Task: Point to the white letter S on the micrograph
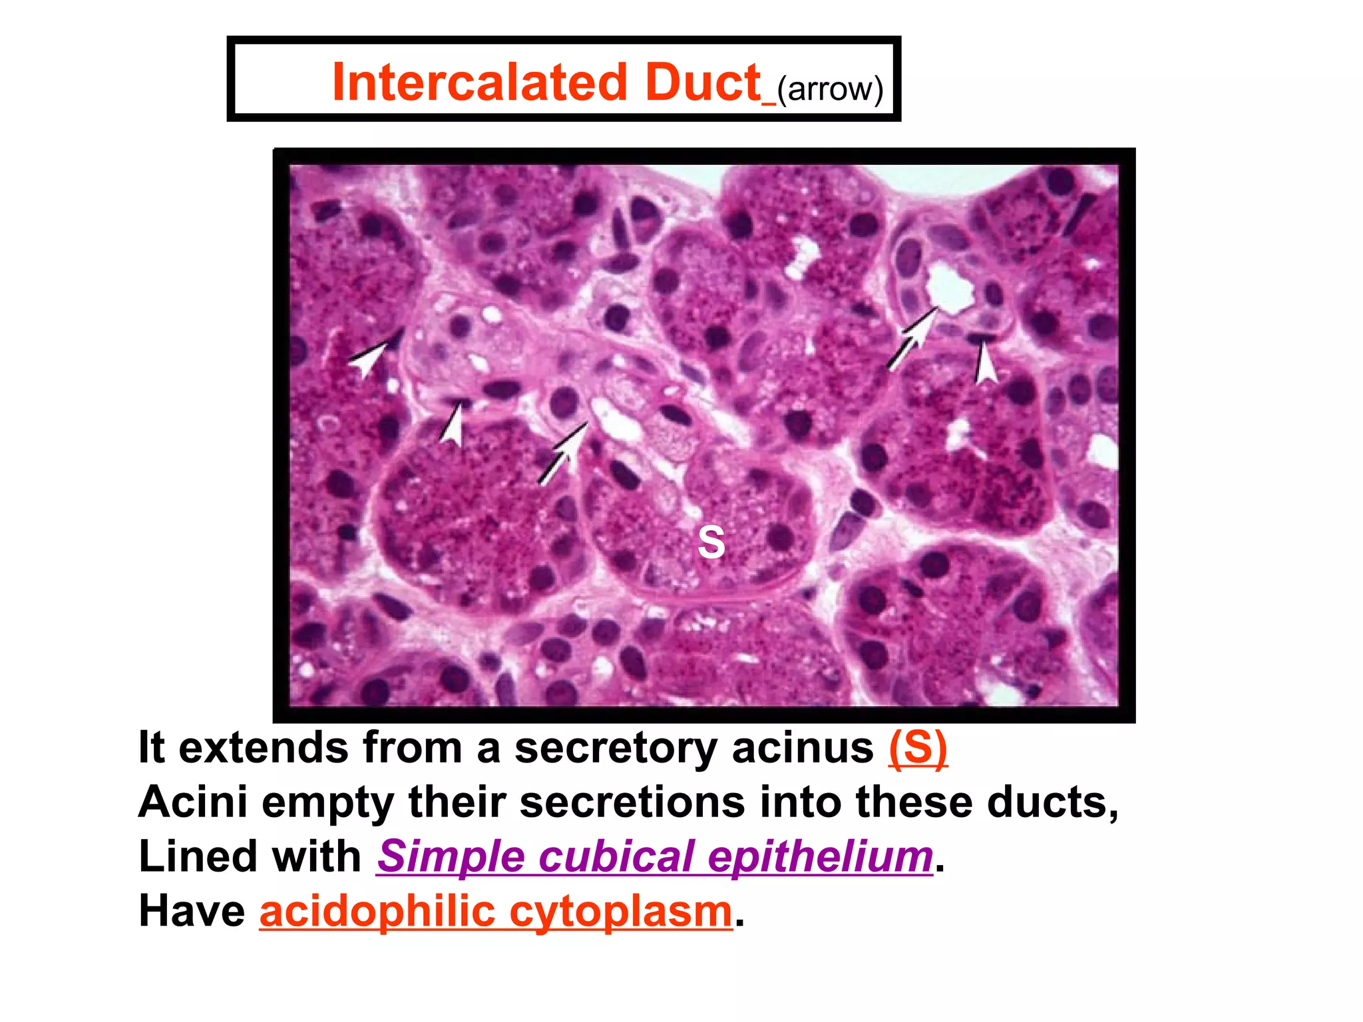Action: (711, 542)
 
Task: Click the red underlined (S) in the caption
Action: (918, 748)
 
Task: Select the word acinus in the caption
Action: (802, 748)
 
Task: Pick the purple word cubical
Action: (616, 856)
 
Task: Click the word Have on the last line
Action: (192, 911)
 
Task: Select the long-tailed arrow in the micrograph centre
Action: (562, 452)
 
